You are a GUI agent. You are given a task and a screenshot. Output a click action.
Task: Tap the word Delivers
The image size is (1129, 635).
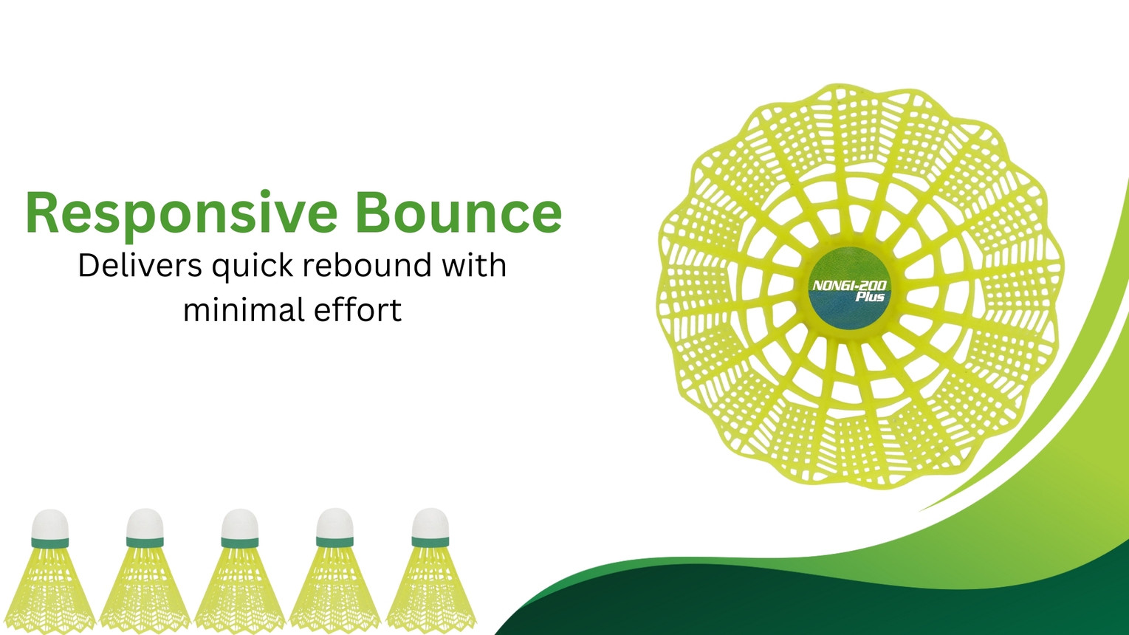(140, 265)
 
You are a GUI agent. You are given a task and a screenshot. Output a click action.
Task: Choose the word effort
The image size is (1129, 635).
(357, 309)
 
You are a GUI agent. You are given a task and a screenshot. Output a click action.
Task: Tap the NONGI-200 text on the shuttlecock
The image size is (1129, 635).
(850, 286)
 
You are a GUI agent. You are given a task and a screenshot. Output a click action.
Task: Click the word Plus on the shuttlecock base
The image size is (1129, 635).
(871, 297)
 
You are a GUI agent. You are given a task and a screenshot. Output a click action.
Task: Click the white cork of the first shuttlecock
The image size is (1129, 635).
(50, 524)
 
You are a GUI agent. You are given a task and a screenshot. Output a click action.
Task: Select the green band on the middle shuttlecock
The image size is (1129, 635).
(240, 542)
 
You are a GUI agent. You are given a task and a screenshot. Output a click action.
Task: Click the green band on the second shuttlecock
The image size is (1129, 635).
(145, 542)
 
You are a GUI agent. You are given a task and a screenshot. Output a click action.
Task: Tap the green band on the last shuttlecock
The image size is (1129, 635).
(430, 542)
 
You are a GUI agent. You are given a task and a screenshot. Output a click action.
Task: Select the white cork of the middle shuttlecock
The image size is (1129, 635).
(240, 524)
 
